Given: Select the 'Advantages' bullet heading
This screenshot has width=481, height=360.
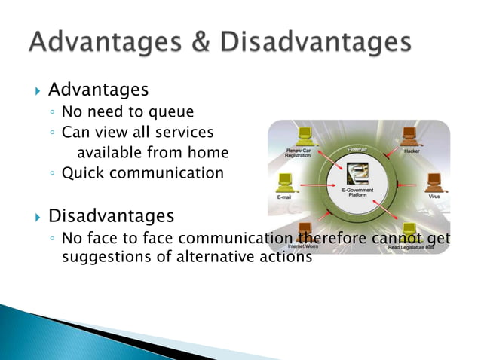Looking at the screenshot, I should [x=98, y=90].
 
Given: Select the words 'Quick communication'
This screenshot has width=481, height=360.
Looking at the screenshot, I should [x=142, y=173].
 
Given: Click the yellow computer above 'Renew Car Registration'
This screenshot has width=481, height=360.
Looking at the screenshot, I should [x=305, y=136].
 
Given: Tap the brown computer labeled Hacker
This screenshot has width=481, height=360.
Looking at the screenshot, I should [x=411, y=136].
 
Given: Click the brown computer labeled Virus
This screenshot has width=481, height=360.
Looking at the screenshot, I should [x=434, y=182].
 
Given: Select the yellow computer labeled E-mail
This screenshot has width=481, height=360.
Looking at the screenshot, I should [x=285, y=182].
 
